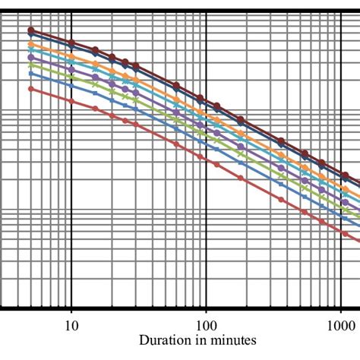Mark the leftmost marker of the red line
coord(31,89)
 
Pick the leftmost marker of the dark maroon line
coord(31,30)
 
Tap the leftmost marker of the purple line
coord(31,57)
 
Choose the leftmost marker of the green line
coord(31,65)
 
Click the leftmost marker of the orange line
coord(31,46)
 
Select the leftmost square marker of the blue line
coord(31,74)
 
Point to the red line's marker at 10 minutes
coord(71,100)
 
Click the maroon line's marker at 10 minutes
coord(71,43)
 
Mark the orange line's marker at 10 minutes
coord(71,58)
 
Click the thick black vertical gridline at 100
coord(206,228)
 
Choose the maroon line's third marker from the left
coord(96,52)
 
